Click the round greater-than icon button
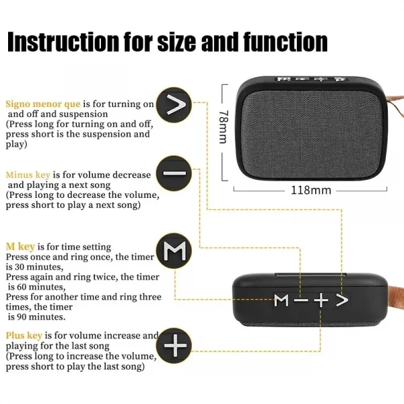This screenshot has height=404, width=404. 174,105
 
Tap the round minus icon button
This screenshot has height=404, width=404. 174,173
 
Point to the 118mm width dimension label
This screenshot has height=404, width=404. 310,190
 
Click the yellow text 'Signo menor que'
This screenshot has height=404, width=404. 43,104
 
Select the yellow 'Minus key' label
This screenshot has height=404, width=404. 29,174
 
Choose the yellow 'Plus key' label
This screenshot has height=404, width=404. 24,335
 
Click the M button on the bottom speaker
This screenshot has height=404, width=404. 281,300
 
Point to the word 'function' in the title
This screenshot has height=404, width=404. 282,42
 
